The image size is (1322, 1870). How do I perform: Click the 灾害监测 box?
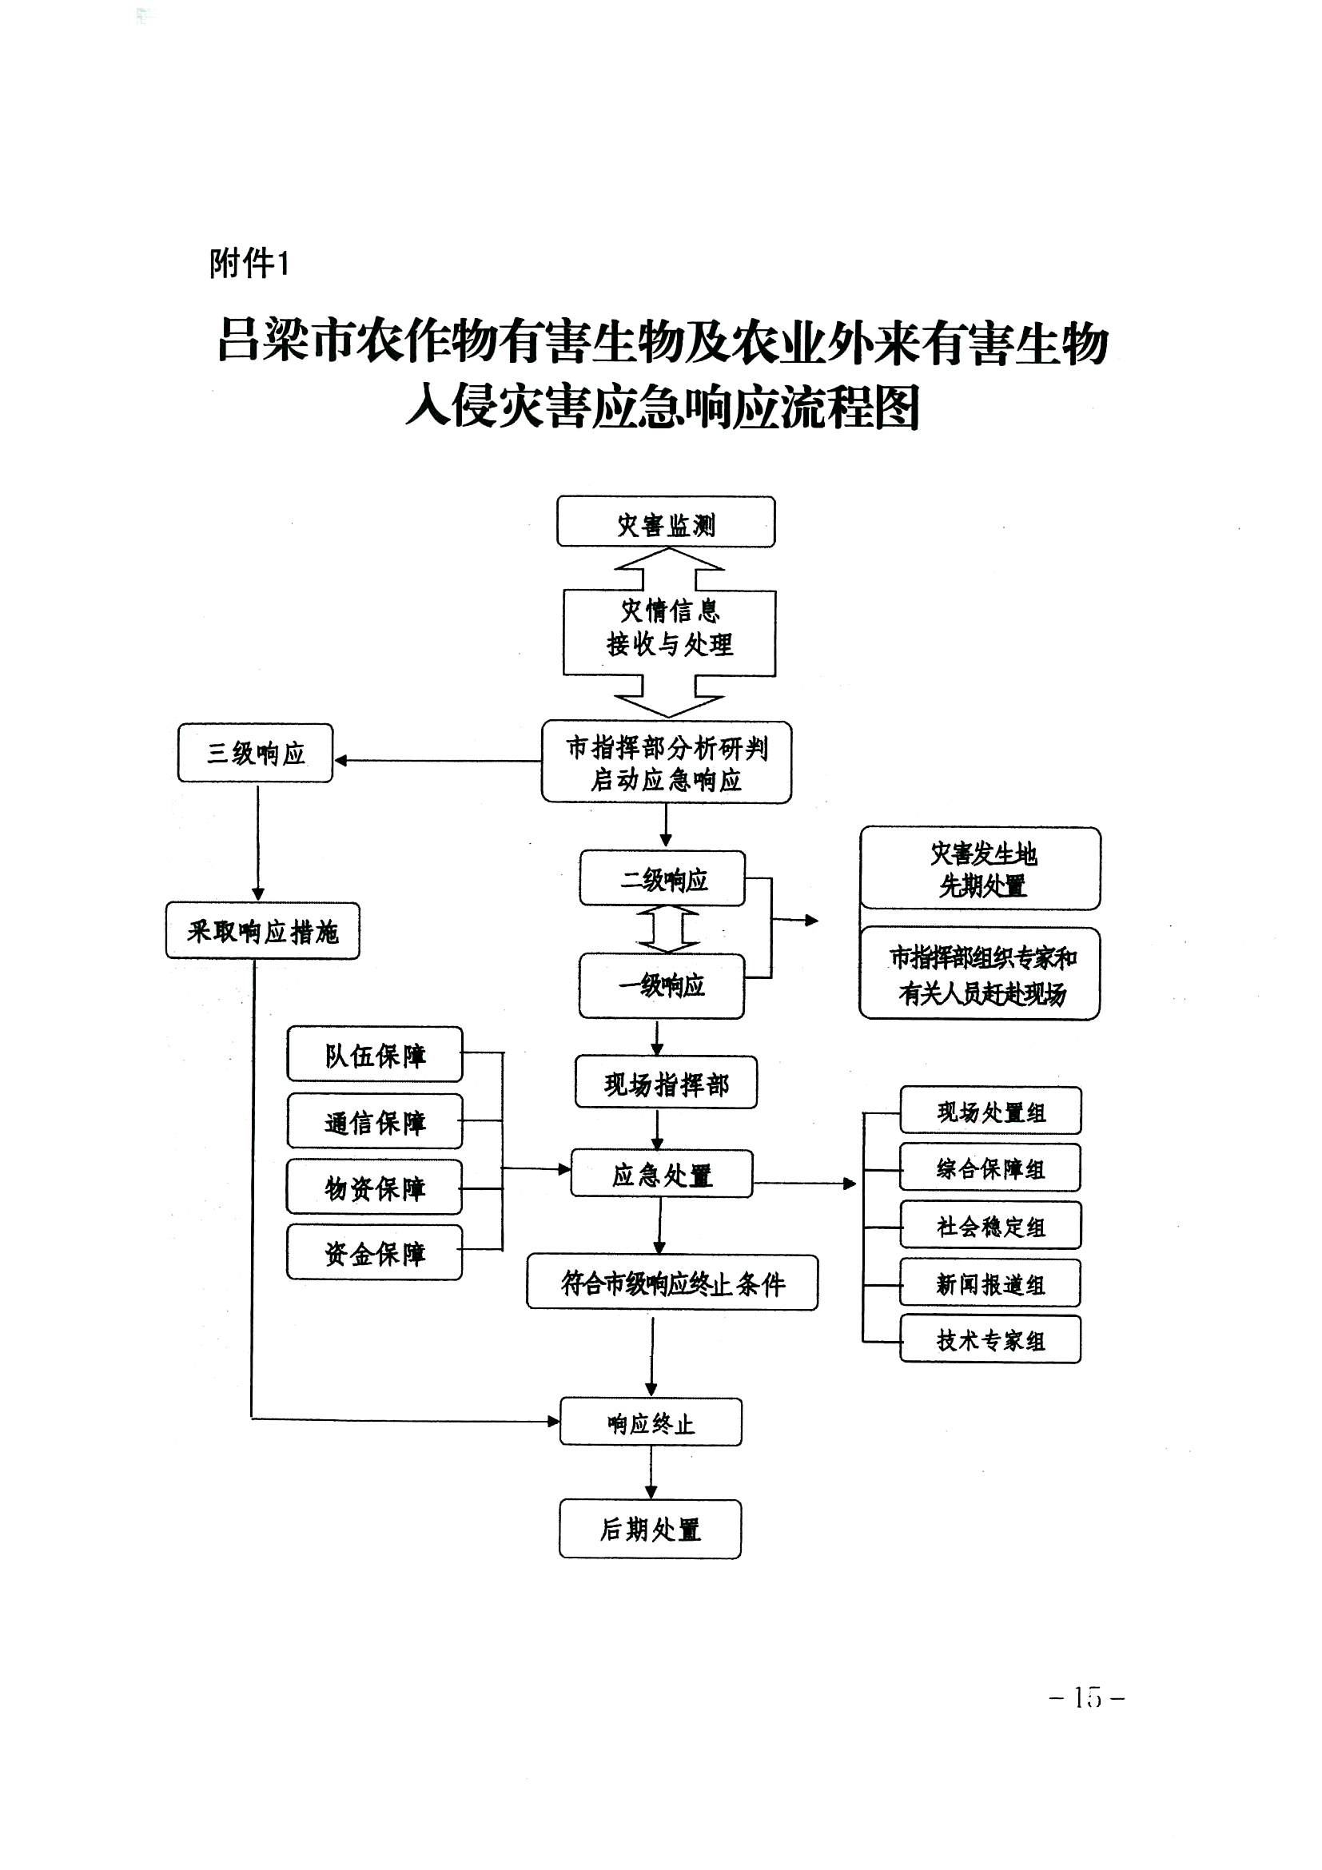pyautogui.click(x=666, y=522)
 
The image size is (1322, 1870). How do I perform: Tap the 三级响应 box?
pyautogui.click(x=255, y=754)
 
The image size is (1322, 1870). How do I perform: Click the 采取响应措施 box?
pyautogui.click(x=262, y=931)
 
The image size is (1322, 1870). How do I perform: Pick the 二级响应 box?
pyautogui.click(x=663, y=879)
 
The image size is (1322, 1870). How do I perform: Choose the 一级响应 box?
pyautogui.click(x=662, y=986)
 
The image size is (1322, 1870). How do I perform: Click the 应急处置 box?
pyautogui.click(x=662, y=1174)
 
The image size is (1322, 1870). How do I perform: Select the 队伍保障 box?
pyautogui.click(x=375, y=1055)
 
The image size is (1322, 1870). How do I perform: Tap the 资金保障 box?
pyautogui.click(x=375, y=1252)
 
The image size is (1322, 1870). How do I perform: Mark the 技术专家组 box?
pyautogui.click(x=990, y=1340)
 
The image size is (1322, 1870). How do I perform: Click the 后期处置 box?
pyautogui.click(x=650, y=1530)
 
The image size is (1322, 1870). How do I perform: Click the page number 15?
pyautogui.click(x=1087, y=1697)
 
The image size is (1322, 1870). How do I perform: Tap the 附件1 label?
pyautogui.click(x=249, y=263)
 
